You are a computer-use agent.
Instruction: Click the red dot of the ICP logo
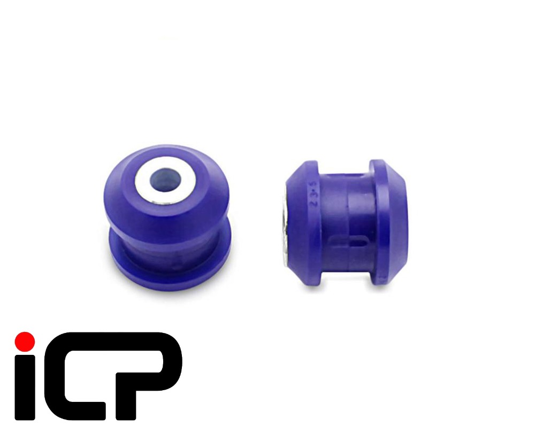25,341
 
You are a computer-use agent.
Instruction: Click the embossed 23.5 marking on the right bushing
309,192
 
